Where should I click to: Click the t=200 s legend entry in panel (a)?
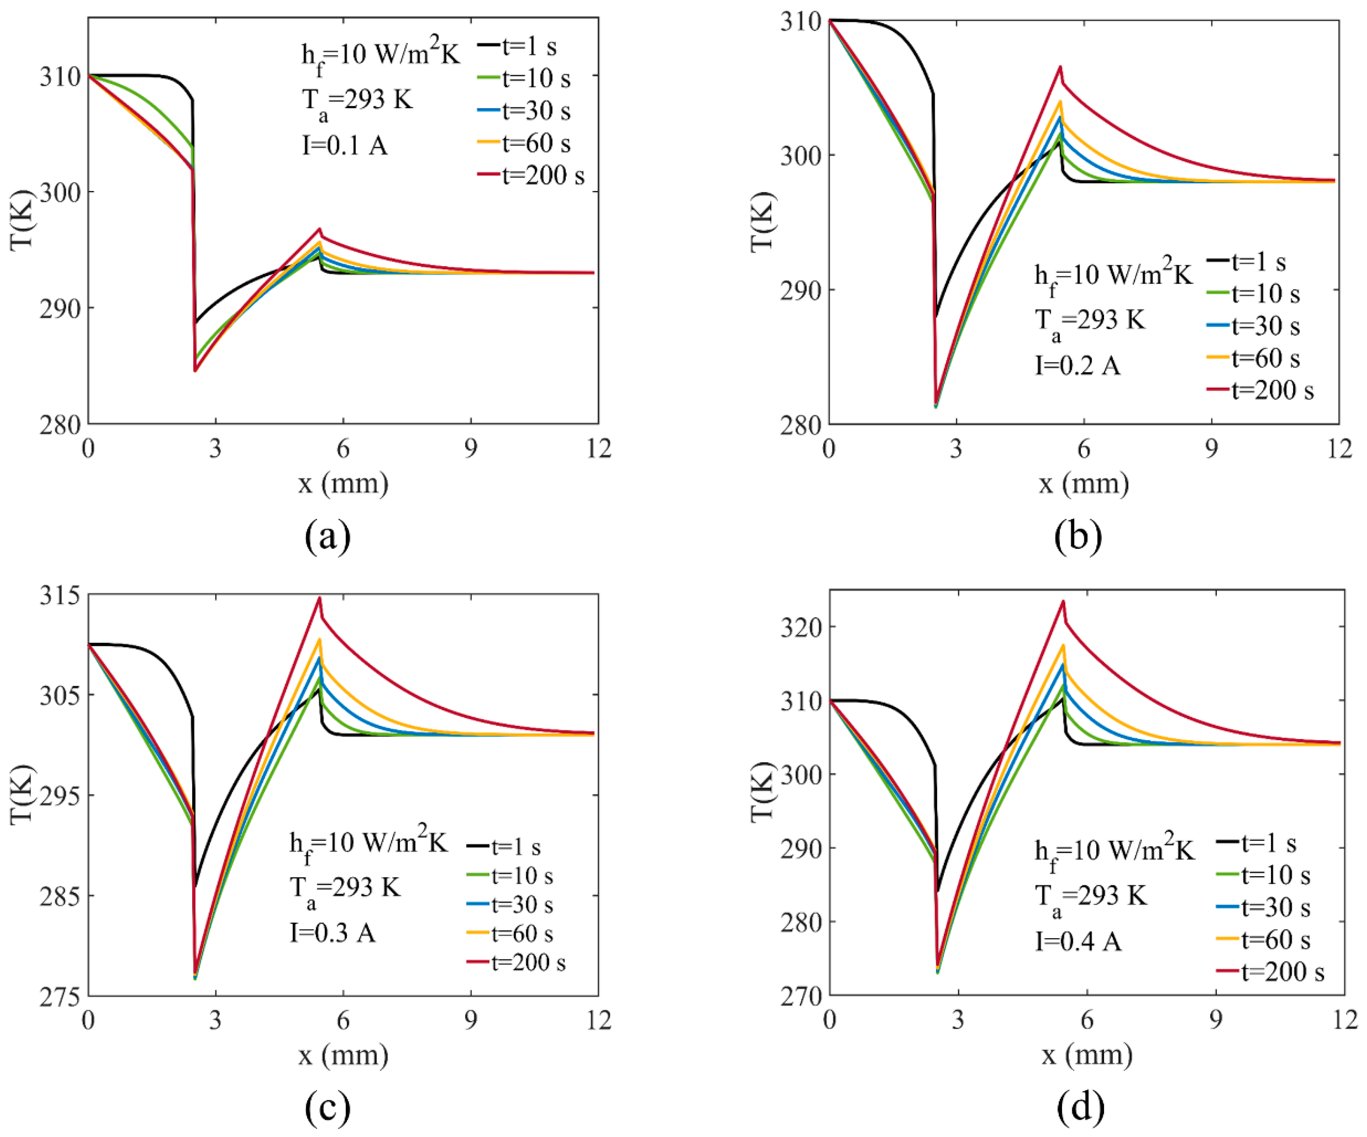point(531,175)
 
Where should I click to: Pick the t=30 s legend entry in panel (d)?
point(1263,907)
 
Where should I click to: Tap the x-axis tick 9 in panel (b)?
point(1211,448)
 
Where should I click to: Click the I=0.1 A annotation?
point(345,145)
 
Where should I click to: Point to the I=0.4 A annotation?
point(1079,941)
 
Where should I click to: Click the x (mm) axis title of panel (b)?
point(1084,484)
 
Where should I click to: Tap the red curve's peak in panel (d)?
point(1063,601)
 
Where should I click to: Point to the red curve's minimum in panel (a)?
point(195,371)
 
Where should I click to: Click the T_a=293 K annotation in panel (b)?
point(1090,322)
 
